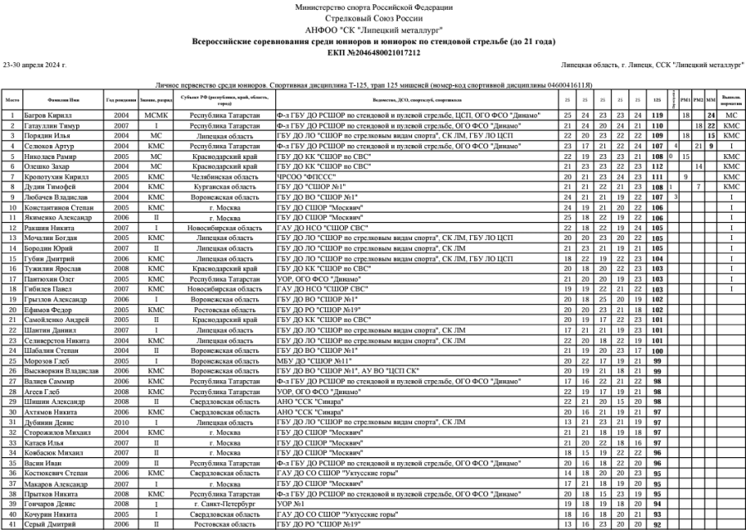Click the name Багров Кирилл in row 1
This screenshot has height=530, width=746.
click(46, 115)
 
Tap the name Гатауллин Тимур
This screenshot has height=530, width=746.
click(51, 125)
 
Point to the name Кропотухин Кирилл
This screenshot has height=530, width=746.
click(56, 176)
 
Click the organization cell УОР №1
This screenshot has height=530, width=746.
click(289, 503)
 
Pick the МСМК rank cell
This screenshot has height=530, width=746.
click(155, 115)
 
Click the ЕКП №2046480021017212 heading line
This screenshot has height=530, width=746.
click(373, 52)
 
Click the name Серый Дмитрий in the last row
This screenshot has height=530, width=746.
click(49, 524)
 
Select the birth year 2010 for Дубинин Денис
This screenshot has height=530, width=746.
click(121, 422)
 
